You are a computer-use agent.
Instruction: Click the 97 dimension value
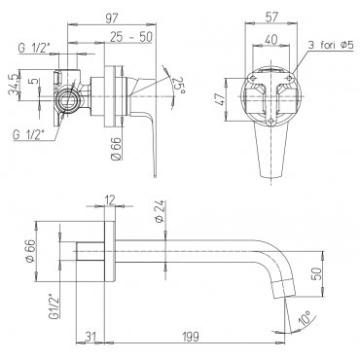(111, 18)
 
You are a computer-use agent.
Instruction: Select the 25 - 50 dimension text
(130, 37)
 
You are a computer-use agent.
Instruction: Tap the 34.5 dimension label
(13, 86)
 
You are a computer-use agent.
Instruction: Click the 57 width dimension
(271, 18)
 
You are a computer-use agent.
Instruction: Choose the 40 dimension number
(271, 39)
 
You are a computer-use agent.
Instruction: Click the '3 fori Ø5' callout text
(330, 45)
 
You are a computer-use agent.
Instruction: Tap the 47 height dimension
(220, 100)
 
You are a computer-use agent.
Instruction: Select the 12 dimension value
(110, 200)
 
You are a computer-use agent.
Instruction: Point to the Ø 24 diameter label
(159, 211)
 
